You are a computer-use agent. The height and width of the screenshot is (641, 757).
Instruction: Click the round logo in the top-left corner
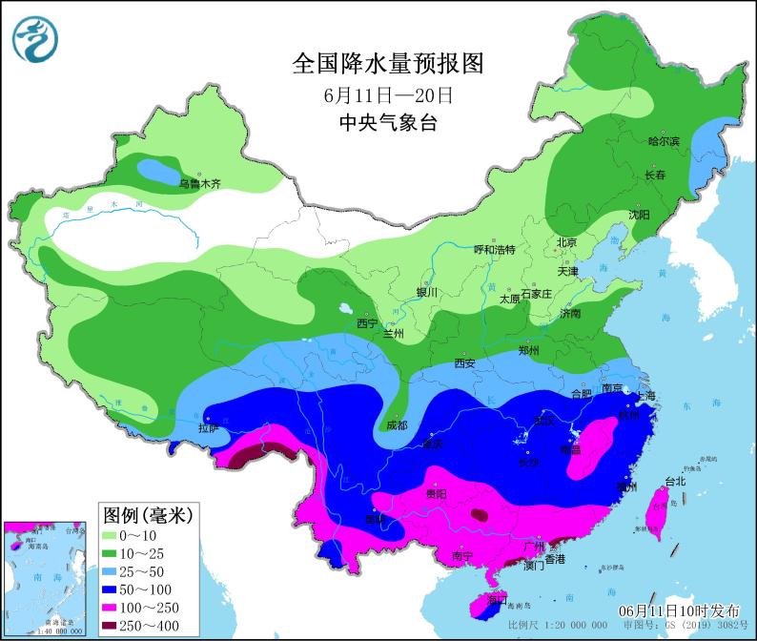35,37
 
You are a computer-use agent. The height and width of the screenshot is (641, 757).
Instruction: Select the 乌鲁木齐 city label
200,183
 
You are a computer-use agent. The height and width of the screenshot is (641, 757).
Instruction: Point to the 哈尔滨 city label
664,141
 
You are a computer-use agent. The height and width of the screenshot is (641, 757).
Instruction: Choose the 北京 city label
566,242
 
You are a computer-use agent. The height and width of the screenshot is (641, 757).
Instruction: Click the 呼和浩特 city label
494,250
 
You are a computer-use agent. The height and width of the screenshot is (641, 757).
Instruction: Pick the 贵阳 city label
436,493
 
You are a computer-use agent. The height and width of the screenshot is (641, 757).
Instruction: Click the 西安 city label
464,362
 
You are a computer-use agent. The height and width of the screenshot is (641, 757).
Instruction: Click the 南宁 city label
462,555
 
